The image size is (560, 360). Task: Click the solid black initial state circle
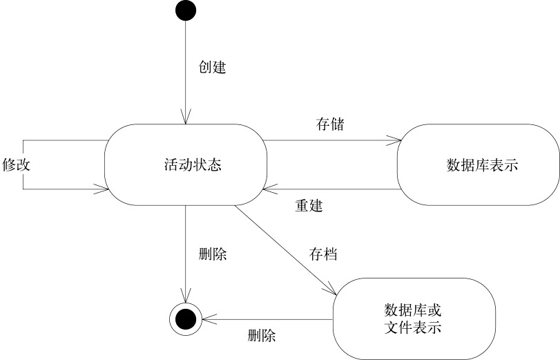click(x=185, y=12)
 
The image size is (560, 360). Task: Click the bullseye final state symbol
click(x=184, y=319)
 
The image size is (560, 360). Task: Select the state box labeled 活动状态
click(x=184, y=164)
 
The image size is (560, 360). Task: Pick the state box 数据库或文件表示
click(x=414, y=318)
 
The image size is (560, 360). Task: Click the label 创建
click(x=212, y=68)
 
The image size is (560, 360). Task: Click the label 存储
click(x=330, y=125)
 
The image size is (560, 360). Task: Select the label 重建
click(x=309, y=205)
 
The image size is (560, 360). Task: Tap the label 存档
click(x=322, y=254)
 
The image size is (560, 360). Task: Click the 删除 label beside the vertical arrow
click(x=212, y=254)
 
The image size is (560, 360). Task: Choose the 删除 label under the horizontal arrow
click(x=262, y=337)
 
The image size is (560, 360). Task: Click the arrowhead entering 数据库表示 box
click(x=397, y=141)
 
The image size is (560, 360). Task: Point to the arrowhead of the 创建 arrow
click(x=185, y=120)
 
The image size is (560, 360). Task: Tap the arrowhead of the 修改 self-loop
click(x=104, y=189)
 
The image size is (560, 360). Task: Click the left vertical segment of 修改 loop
click(x=23, y=164)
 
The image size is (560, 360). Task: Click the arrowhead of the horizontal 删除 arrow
click(x=204, y=319)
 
